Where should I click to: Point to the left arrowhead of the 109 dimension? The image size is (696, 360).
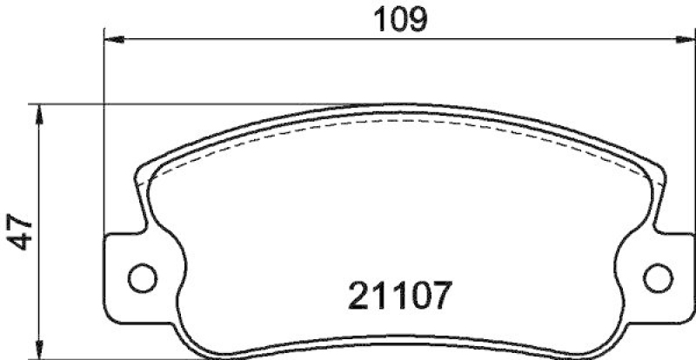111,38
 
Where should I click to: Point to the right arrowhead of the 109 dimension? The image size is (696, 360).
686,38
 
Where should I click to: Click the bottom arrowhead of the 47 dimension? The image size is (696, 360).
39,350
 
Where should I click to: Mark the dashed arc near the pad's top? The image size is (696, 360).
400,120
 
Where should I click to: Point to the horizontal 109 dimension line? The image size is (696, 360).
261,38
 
